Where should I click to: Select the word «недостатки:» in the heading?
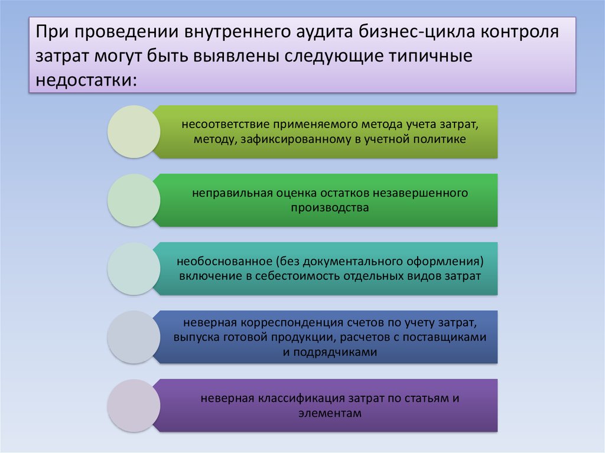[x=86, y=80]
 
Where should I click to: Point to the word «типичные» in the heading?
[x=430, y=56]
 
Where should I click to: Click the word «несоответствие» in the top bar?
[x=225, y=125]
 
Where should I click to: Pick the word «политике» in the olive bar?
[x=440, y=139]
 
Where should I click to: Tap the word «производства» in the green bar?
[x=330, y=207]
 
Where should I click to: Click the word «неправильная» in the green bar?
[x=232, y=193]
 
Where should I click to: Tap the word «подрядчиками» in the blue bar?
[x=335, y=352]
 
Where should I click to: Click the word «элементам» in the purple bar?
[x=330, y=413]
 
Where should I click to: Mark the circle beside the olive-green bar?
[x=134, y=132]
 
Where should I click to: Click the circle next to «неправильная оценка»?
[x=134, y=200]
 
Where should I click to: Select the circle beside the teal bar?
[x=134, y=269]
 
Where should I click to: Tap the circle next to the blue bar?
[x=134, y=337]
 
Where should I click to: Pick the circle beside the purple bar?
[x=134, y=406]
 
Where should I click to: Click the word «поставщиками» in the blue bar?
[x=444, y=337]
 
